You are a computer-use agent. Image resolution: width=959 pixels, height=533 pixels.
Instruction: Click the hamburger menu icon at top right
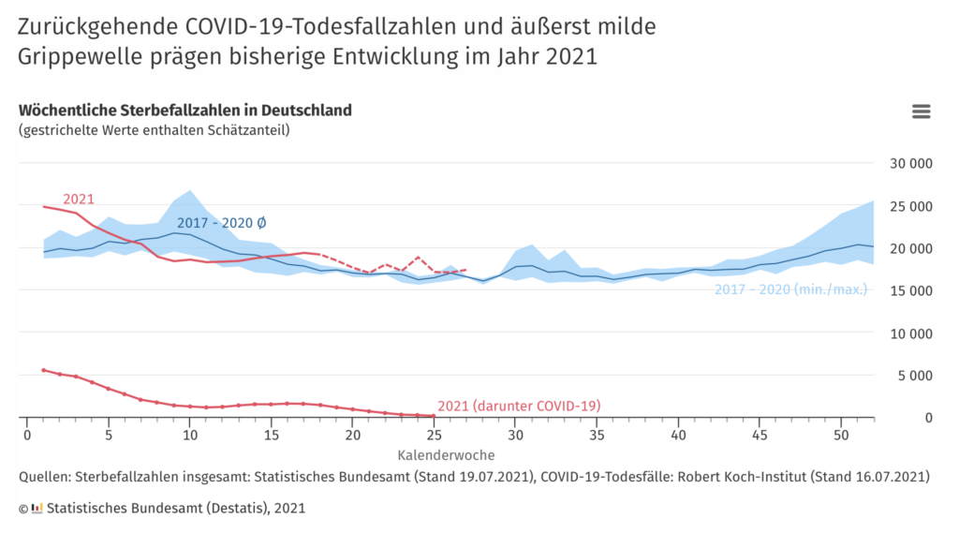click(x=921, y=111)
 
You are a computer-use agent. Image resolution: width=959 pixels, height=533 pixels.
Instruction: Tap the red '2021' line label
click(x=79, y=199)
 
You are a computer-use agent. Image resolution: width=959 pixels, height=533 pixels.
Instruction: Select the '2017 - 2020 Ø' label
click(x=222, y=223)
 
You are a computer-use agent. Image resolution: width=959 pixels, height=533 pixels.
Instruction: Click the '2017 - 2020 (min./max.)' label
click(x=790, y=289)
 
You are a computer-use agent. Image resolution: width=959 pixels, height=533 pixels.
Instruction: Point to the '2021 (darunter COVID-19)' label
click(x=519, y=406)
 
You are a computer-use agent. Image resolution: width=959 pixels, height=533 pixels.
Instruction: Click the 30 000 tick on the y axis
click(x=909, y=164)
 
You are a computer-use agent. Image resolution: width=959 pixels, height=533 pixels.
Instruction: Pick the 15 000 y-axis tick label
click(x=909, y=290)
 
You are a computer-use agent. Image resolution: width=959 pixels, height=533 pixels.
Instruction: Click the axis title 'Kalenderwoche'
click(x=447, y=455)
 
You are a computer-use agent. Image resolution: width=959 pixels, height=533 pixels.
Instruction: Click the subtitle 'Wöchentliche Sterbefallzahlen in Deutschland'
click(x=185, y=110)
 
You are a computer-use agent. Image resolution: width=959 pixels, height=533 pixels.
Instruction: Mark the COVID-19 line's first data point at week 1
click(x=43, y=370)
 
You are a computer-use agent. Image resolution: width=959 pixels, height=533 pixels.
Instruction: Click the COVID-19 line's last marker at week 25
click(x=433, y=416)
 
